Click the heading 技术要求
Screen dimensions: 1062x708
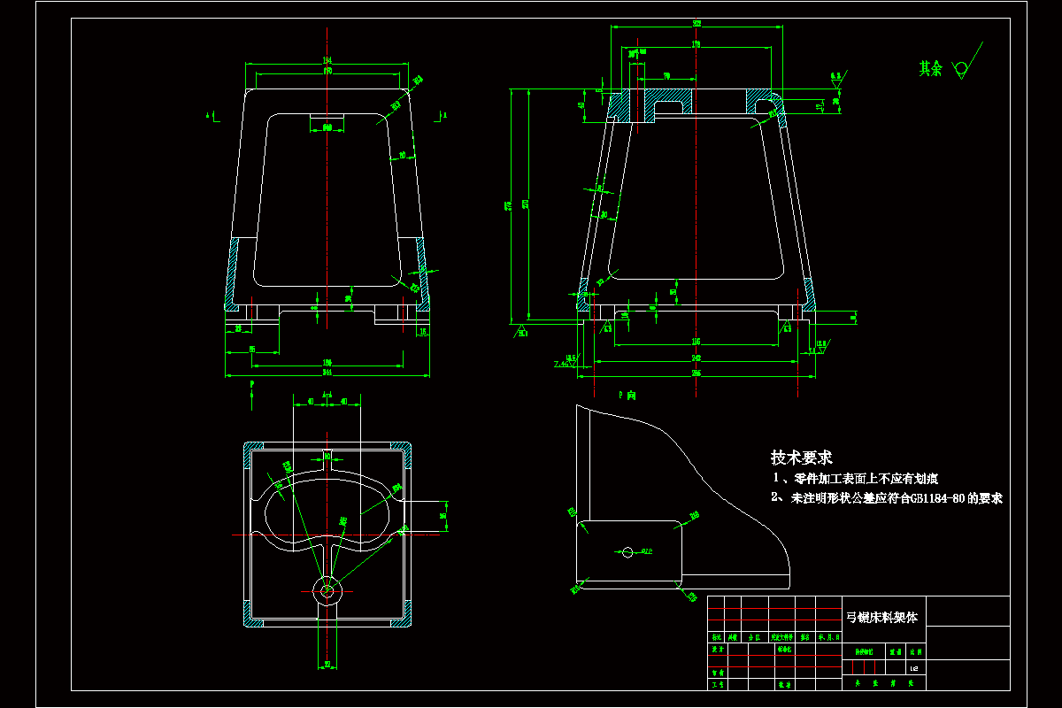[801, 458]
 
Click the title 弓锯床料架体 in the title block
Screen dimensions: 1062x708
[883, 617]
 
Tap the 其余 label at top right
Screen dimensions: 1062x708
[929, 69]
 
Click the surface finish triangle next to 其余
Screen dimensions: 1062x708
[960, 69]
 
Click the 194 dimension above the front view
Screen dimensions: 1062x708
[327, 60]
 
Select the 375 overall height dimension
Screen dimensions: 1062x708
[508, 205]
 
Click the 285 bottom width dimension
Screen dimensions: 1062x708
[696, 373]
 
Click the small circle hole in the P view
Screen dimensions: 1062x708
[627, 552]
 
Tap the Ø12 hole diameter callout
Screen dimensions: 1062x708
[647, 552]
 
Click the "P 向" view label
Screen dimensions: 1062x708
[627, 395]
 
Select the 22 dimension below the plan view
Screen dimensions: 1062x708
[327, 664]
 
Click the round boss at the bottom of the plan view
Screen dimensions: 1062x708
[327, 589]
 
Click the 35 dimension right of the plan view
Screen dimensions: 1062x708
[444, 512]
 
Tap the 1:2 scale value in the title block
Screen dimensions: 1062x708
[912, 668]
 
